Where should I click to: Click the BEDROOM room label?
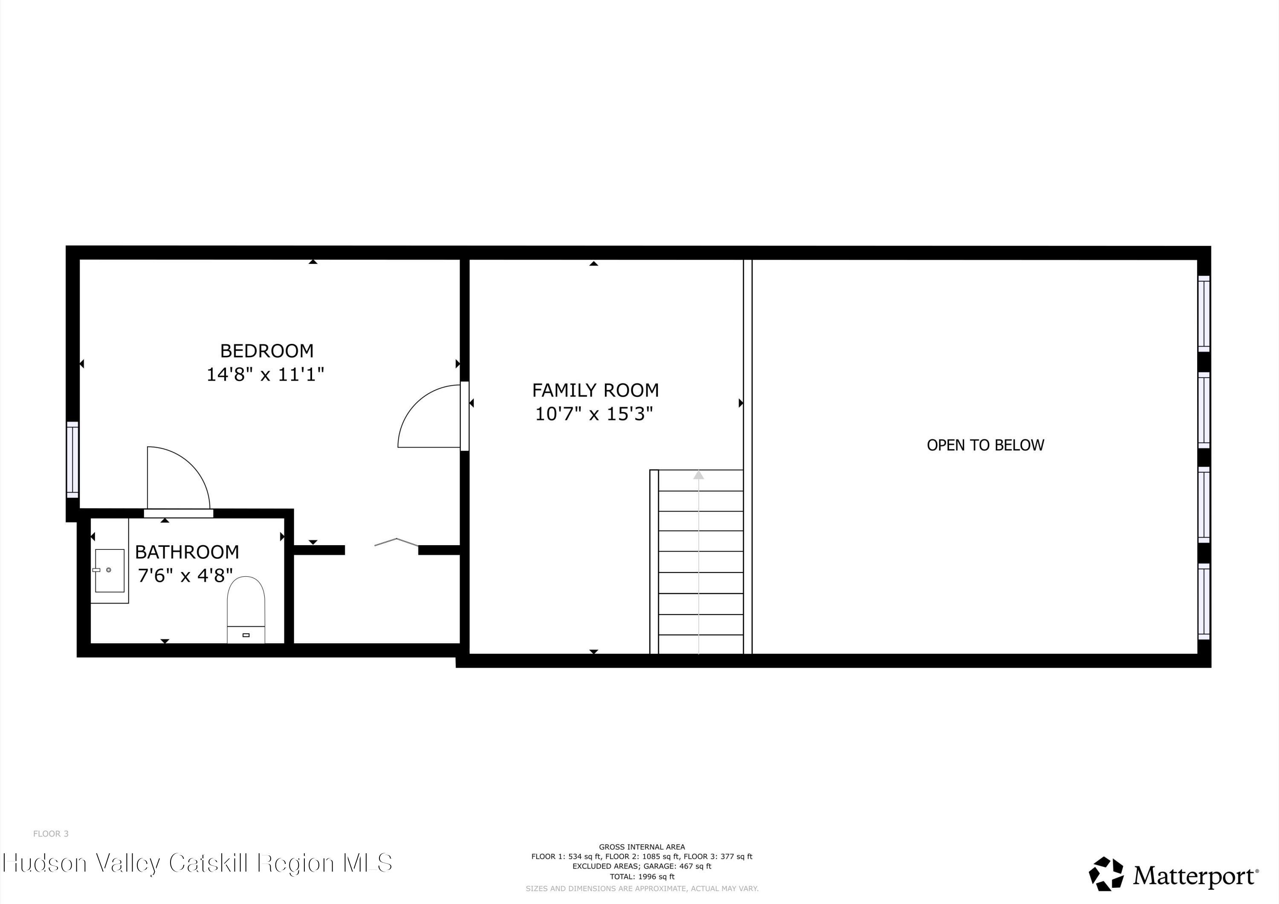(267, 351)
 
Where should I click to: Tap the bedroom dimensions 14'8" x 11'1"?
(265, 374)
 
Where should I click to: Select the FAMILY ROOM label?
(595, 390)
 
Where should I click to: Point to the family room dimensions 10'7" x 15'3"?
(594, 414)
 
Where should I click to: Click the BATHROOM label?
(187, 552)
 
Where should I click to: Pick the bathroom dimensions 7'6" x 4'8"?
(185, 575)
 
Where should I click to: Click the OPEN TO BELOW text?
(985, 445)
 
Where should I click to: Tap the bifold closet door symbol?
(396, 541)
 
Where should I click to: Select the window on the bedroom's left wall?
(72, 459)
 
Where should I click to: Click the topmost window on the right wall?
(1204, 314)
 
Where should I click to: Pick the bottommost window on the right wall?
(1204, 601)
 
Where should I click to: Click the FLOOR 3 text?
(51, 833)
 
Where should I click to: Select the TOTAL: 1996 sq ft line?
(642, 876)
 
